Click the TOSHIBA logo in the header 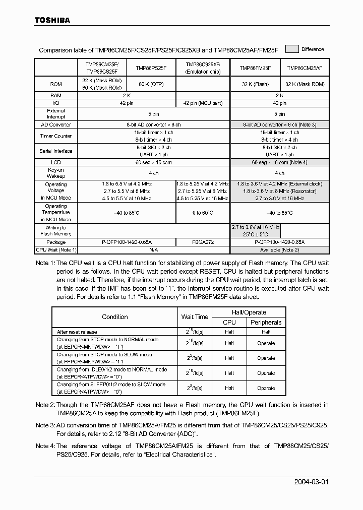coord(52,20)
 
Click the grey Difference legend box coord(292,49)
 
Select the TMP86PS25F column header coord(150,68)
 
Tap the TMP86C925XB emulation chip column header coord(202,68)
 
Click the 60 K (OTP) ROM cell coord(150,84)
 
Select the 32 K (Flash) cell coord(255,84)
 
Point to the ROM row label coord(55,84)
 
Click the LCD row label coord(55,163)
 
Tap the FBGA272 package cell coord(202,242)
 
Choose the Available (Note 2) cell coord(279,249)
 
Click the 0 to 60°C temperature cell coord(202,213)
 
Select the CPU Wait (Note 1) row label coord(55,249)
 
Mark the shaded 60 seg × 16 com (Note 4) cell coord(279,163)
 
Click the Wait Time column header coord(195,317)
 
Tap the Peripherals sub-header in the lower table coord(266,322)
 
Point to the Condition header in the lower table coord(115,317)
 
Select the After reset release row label coord(77,332)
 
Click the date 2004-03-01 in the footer coord(311,481)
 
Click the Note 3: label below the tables coord(45,425)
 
